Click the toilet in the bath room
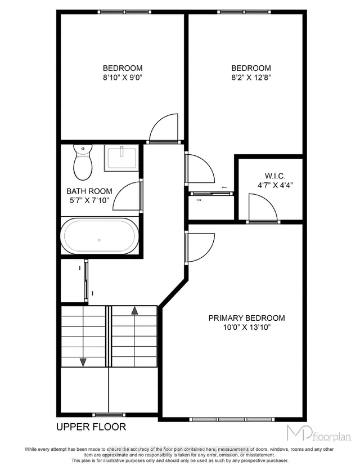pyautogui.click(x=83, y=160)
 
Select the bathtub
pyautogui.click(x=100, y=237)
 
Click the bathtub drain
pyautogui.click(x=100, y=240)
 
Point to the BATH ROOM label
pyautogui.click(x=90, y=191)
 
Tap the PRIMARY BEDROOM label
pyautogui.click(x=246, y=318)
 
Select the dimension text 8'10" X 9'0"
pyautogui.click(x=123, y=78)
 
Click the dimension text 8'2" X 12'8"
pyautogui.click(x=251, y=78)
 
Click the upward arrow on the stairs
pyautogui.click(x=134, y=310)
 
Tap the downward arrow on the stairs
pyautogui.click(x=83, y=362)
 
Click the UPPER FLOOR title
pyautogui.click(x=91, y=427)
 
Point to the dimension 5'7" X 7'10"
pyautogui.click(x=90, y=200)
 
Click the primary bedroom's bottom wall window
pyautogui.click(x=233, y=420)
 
